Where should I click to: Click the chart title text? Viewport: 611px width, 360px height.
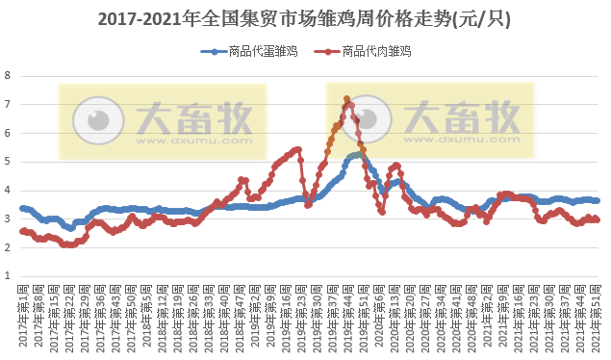point(305,18)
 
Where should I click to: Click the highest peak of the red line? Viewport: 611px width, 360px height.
point(346,98)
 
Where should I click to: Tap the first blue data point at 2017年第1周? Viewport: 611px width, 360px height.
point(22,208)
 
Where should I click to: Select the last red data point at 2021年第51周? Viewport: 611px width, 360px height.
point(598,219)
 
